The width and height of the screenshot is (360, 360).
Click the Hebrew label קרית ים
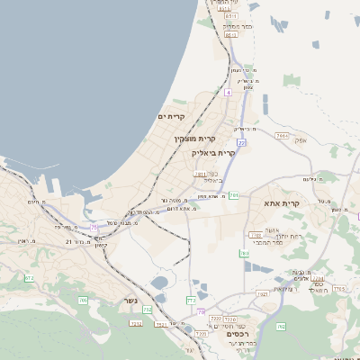point(170,117)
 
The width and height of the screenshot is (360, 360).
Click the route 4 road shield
point(229,92)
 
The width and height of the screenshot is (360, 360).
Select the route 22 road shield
point(241,141)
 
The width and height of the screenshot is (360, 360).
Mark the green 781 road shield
point(233,195)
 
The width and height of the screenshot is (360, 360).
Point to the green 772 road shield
point(191,299)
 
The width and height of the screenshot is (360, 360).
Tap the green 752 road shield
point(147,310)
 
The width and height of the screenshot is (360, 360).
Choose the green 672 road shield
point(29,279)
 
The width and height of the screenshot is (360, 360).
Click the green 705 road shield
point(83,301)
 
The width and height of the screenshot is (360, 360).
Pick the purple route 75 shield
point(93,229)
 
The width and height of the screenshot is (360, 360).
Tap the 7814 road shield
point(282,136)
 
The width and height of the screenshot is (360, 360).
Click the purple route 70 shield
point(358,216)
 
